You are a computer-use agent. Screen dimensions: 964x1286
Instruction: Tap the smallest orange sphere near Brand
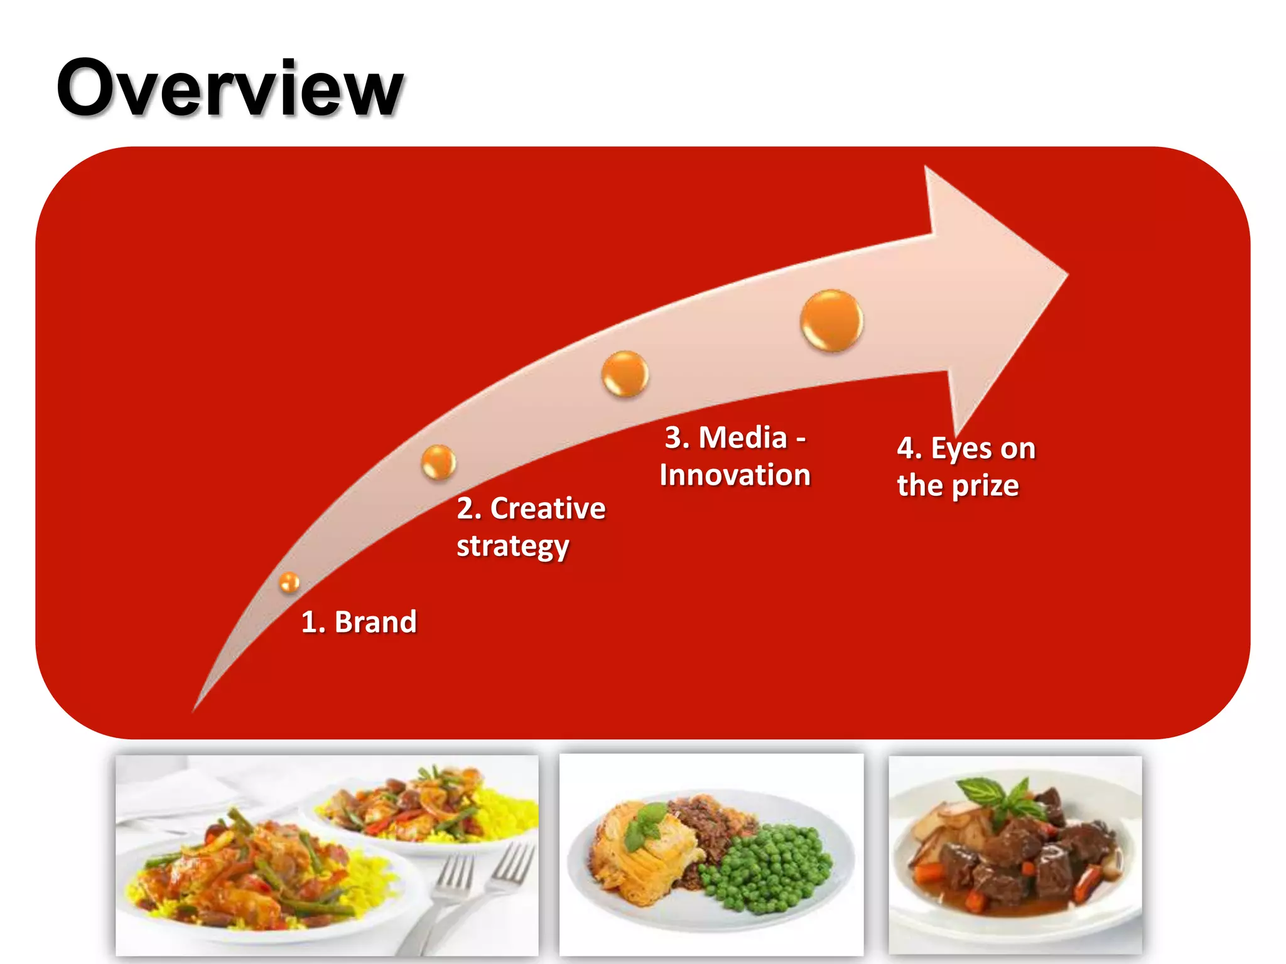(x=289, y=582)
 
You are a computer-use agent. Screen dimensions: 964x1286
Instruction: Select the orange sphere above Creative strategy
(x=438, y=462)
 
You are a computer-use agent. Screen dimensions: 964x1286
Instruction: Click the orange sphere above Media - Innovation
(x=625, y=374)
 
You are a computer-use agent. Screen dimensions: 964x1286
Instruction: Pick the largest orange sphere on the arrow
(x=831, y=320)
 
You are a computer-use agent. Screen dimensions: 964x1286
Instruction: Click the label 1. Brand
(x=359, y=622)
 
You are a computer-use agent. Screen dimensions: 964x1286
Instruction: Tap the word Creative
(x=548, y=508)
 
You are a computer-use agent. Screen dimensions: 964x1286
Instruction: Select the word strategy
(x=512, y=547)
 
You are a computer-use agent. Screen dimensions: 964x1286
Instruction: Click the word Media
(x=743, y=437)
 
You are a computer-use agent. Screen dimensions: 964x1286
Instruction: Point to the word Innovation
(x=735, y=475)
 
